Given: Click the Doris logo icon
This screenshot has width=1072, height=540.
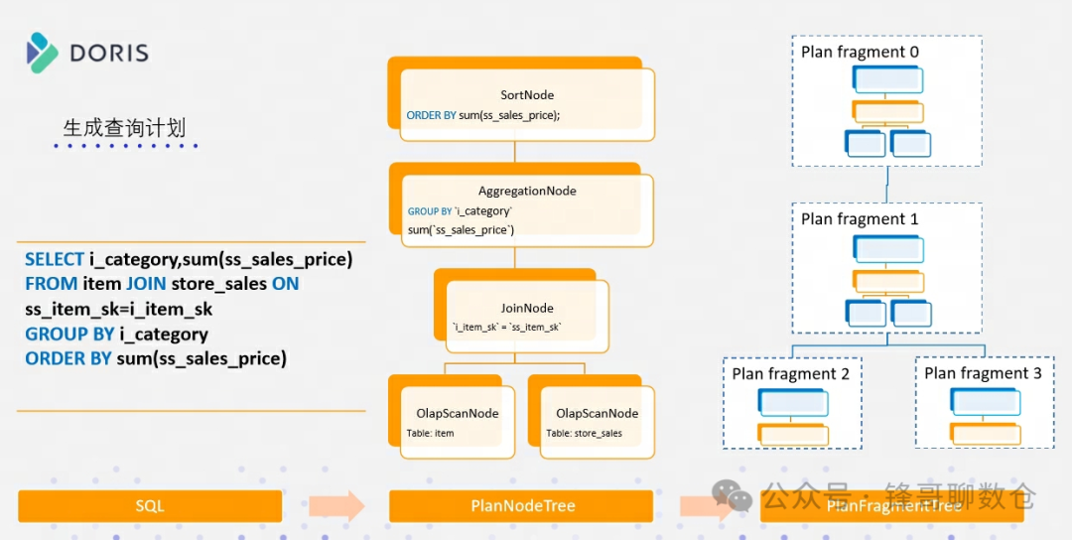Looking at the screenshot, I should tap(43, 53).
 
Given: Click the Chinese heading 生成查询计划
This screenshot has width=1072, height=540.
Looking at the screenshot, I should tap(124, 128).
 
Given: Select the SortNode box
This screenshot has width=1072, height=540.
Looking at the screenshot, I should tap(527, 104).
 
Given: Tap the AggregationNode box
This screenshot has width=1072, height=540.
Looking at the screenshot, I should tap(527, 209).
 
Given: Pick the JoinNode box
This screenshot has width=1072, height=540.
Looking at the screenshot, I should tap(527, 316).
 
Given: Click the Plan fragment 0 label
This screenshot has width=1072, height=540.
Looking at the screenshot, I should tap(860, 52).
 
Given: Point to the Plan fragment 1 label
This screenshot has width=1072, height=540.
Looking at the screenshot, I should tap(860, 218).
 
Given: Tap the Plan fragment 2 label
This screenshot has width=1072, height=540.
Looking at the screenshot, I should tap(791, 374).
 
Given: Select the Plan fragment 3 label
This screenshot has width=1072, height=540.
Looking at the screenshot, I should tap(983, 373).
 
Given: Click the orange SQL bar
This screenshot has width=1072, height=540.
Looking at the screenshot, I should tap(150, 506).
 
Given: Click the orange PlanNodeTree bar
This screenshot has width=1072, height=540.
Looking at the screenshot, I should tap(522, 506).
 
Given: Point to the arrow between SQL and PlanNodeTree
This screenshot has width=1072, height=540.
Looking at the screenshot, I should tap(335, 506).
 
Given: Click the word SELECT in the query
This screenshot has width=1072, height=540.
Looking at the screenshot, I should tap(55, 259).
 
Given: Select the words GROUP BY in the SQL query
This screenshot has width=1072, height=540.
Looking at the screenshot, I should tap(67, 335).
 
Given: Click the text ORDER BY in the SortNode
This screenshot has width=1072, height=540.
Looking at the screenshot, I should tap(431, 116).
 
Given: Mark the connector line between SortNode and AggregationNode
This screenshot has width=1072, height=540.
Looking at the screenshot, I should tap(514, 152).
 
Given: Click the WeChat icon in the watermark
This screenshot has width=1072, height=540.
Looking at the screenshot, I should tap(733, 493).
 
